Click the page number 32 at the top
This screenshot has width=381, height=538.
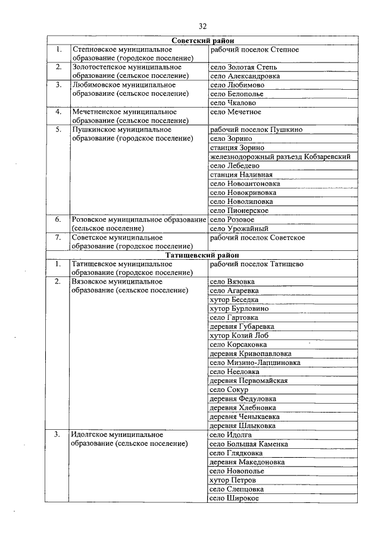point(202,26)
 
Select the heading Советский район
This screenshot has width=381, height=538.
point(202,40)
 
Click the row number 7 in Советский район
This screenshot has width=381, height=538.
point(58,237)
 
